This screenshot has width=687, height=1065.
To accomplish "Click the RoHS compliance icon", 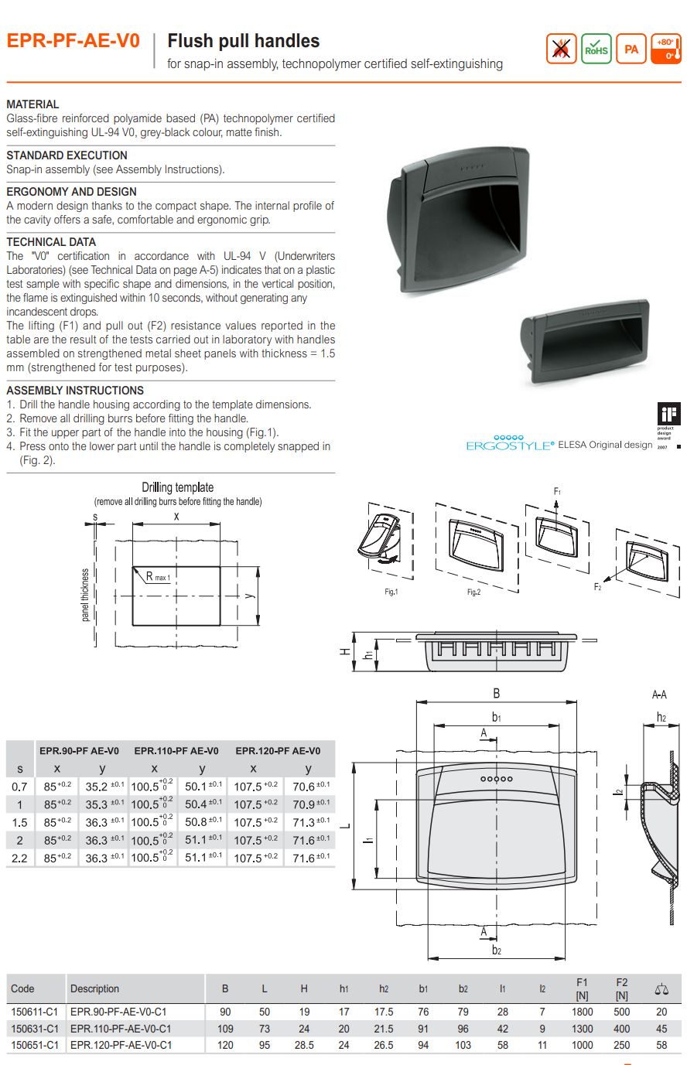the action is pyautogui.click(x=596, y=49).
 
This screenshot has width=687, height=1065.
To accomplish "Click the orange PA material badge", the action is pyautogui.click(x=631, y=49).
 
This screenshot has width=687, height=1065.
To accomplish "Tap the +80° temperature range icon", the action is pyautogui.click(x=666, y=49).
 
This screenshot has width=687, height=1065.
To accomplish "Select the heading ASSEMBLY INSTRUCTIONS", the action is pyautogui.click(x=75, y=391).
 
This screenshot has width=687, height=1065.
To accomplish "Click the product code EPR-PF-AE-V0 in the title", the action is pyautogui.click(x=73, y=41).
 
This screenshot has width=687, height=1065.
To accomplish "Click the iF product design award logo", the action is pyautogui.click(x=668, y=414).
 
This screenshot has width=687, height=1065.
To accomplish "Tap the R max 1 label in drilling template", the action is pyautogui.click(x=158, y=577).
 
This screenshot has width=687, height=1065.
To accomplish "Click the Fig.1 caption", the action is pyautogui.click(x=391, y=592).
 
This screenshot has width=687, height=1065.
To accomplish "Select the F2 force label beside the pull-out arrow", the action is pyautogui.click(x=597, y=587).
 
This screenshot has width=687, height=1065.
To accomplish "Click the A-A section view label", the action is pyautogui.click(x=659, y=695).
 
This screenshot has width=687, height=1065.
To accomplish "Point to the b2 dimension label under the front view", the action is pyautogui.click(x=497, y=950).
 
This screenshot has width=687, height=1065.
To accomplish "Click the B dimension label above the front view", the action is pyautogui.click(x=497, y=694).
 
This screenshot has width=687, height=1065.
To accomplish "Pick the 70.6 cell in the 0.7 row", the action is pyautogui.click(x=310, y=787).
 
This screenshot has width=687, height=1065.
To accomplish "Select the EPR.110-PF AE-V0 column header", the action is pyautogui.click(x=176, y=751).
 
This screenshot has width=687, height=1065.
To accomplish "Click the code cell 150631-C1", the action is pyautogui.click(x=34, y=1029).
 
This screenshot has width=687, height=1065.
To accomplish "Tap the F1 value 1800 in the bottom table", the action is pyautogui.click(x=582, y=1012).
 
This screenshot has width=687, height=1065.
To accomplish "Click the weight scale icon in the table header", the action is pyautogui.click(x=661, y=990).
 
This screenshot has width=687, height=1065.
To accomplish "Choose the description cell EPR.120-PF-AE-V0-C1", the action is pyautogui.click(x=121, y=1045).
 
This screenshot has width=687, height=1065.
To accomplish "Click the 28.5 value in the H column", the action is pyautogui.click(x=304, y=1045).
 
